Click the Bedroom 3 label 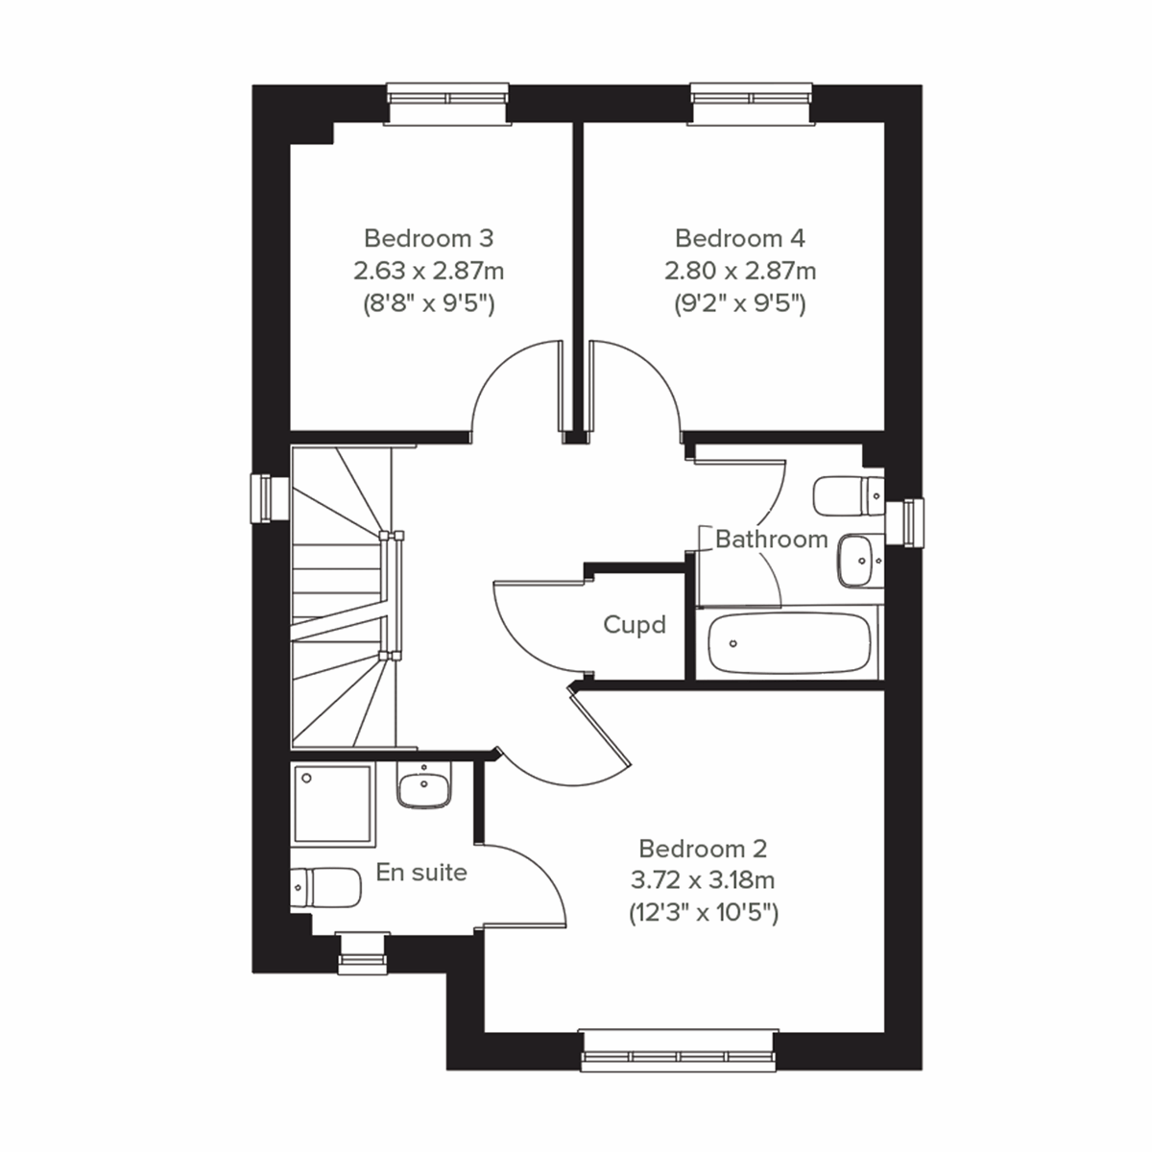pyautogui.click(x=428, y=237)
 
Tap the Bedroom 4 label pyautogui.click(x=740, y=237)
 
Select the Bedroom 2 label pyautogui.click(x=703, y=849)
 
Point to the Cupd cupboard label pyautogui.click(x=635, y=625)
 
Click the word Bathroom pyautogui.click(x=771, y=539)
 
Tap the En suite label pyautogui.click(x=421, y=873)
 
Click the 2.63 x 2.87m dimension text pyautogui.click(x=428, y=271)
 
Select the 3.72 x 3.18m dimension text pyautogui.click(x=703, y=879)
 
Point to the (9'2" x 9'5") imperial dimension pyautogui.click(x=740, y=304)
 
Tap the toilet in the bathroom pyautogui.click(x=846, y=495)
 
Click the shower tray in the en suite pyautogui.click(x=332, y=804)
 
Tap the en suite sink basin pyautogui.click(x=423, y=787)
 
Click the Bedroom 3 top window pyautogui.click(x=446, y=103)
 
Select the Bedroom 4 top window pyautogui.click(x=752, y=103)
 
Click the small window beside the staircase pyautogui.click(x=265, y=498)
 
